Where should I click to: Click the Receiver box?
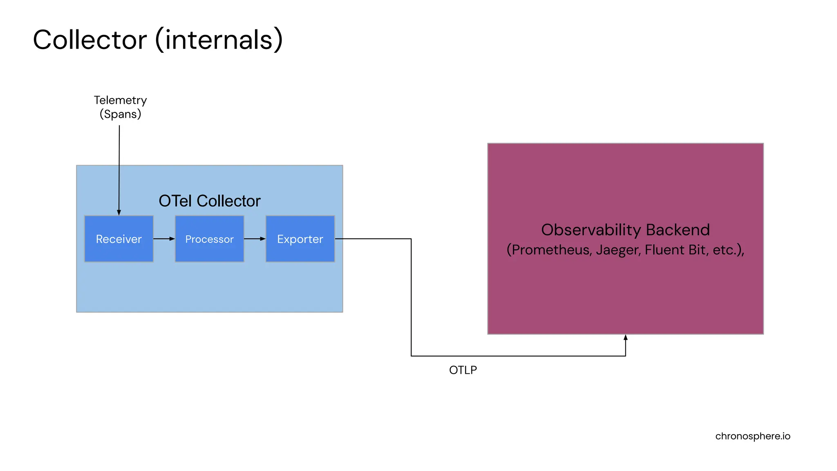tap(119, 239)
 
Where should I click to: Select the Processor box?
tap(209, 239)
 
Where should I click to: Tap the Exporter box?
tap(300, 239)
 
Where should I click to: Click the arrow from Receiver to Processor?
tap(164, 239)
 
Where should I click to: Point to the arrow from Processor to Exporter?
tap(255, 239)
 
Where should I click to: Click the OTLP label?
tap(463, 370)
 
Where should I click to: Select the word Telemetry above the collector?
tap(120, 100)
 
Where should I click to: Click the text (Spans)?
tap(120, 114)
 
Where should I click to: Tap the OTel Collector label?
tap(209, 201)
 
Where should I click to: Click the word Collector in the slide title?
tap(90, 40)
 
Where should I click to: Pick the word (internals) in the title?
tap(219, 40)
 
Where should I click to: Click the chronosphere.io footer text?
tap(752, 436)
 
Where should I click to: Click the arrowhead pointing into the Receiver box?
tap(119, 213)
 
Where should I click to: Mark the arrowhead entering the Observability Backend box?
tap(625, 338)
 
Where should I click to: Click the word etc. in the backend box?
tap(725, 250)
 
